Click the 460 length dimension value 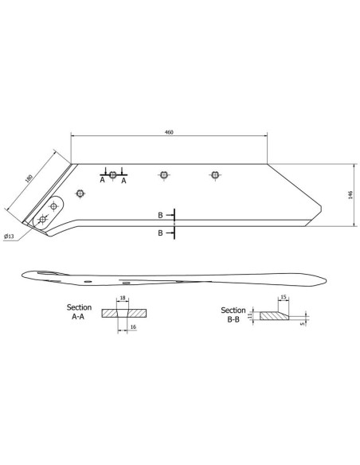coord(168,131)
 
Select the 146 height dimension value coord(349,196)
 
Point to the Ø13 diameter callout coord(10,236)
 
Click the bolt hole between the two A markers coord(113,174)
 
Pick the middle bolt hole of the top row coord(163,174)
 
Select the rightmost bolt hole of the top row coord(214,174)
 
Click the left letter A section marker coord(103,181)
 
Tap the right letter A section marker coord(124,181)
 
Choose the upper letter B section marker coord(161,216)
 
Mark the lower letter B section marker coord(161,233)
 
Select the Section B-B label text coord(233,315)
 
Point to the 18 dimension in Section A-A coord(122,299)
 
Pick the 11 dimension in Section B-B coord(249,316)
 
